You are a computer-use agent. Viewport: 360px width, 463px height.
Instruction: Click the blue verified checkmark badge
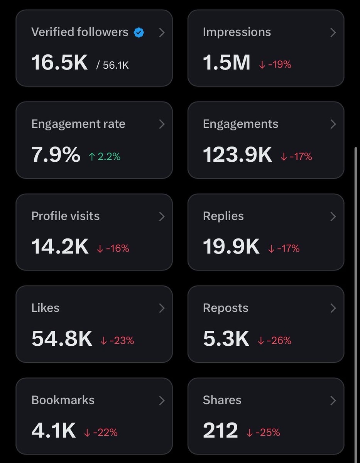coord(139,32)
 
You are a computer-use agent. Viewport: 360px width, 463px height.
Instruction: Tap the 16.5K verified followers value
coord(60,63)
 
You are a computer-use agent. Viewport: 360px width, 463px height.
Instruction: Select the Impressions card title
coord(237,32)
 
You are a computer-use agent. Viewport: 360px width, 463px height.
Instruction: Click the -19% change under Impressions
coord(275,64)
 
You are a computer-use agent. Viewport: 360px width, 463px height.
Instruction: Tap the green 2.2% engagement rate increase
coord(105,156)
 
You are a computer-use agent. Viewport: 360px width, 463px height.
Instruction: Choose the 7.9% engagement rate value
coord(56,155)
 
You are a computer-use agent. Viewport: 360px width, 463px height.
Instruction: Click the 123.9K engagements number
coord(237,155)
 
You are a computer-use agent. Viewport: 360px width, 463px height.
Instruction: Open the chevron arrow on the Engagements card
coord(333,124)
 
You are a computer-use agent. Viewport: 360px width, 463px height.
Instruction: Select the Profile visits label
coord(65,216)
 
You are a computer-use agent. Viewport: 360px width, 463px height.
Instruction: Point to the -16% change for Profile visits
coord(113,248)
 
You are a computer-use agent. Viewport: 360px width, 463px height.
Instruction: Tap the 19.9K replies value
coord(231,247)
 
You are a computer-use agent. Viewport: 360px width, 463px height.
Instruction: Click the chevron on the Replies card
coord(333,216)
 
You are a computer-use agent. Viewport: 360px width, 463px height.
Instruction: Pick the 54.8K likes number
coord(62,339)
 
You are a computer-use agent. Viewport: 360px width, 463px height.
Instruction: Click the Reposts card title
coord(225,308)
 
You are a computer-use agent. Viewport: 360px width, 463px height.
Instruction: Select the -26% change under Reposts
coord(274,340)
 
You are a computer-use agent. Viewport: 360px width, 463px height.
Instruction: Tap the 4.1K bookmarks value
coord(54,431)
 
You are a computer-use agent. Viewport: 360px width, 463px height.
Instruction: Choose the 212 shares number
coord(220,431)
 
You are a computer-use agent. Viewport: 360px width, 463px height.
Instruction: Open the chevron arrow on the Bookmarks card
coord(162,400)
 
